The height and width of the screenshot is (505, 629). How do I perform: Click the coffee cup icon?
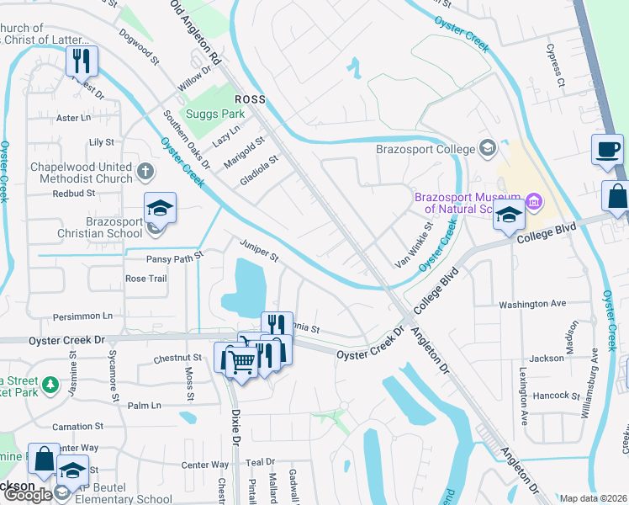click(607, 151)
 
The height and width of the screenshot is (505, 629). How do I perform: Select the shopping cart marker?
click(242, 362)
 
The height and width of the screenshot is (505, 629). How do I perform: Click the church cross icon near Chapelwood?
click(145, 172)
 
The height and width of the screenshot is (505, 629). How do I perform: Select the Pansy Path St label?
click(175, 259)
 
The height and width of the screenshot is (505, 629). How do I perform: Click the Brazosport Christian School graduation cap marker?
click(160, 207)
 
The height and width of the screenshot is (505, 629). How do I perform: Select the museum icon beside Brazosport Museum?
click(532, 202)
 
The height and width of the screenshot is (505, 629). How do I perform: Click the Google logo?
click(28, 495)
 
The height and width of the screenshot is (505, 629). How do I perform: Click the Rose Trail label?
click(145, 279)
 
